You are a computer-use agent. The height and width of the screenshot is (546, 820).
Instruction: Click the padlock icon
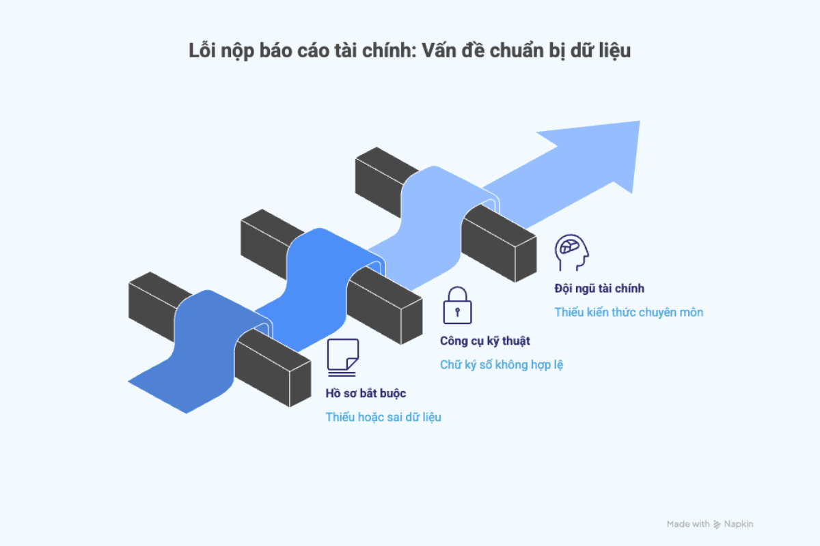(x=457, y=304)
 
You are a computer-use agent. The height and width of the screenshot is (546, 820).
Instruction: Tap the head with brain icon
(x=571, y=253)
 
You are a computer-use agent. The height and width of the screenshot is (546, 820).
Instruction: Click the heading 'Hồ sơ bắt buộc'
(x=366, y=394)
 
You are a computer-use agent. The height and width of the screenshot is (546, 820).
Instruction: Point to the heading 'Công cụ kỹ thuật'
(x=484, y=341)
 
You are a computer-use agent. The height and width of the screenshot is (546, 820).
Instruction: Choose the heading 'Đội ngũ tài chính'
(x=599, y=289)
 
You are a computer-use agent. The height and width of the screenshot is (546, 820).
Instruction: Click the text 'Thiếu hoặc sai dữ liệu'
(x=383, y=417)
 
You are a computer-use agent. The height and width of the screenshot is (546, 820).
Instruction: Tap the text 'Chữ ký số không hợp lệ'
(x=502, y=365)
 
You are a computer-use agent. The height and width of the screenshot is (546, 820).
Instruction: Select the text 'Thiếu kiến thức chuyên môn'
(x=629, y=313)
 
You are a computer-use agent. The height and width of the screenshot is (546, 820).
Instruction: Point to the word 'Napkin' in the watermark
(x=739, y=524)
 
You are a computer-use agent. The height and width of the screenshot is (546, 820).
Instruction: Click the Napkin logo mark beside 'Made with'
(x=717, y=524)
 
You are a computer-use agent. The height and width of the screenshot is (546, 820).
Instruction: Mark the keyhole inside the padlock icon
(x=457, y=311)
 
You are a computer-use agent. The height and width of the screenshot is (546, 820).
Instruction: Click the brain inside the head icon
(x=569, y=247)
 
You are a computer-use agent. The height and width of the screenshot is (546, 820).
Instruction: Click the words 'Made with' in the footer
(x=688, y=524)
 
